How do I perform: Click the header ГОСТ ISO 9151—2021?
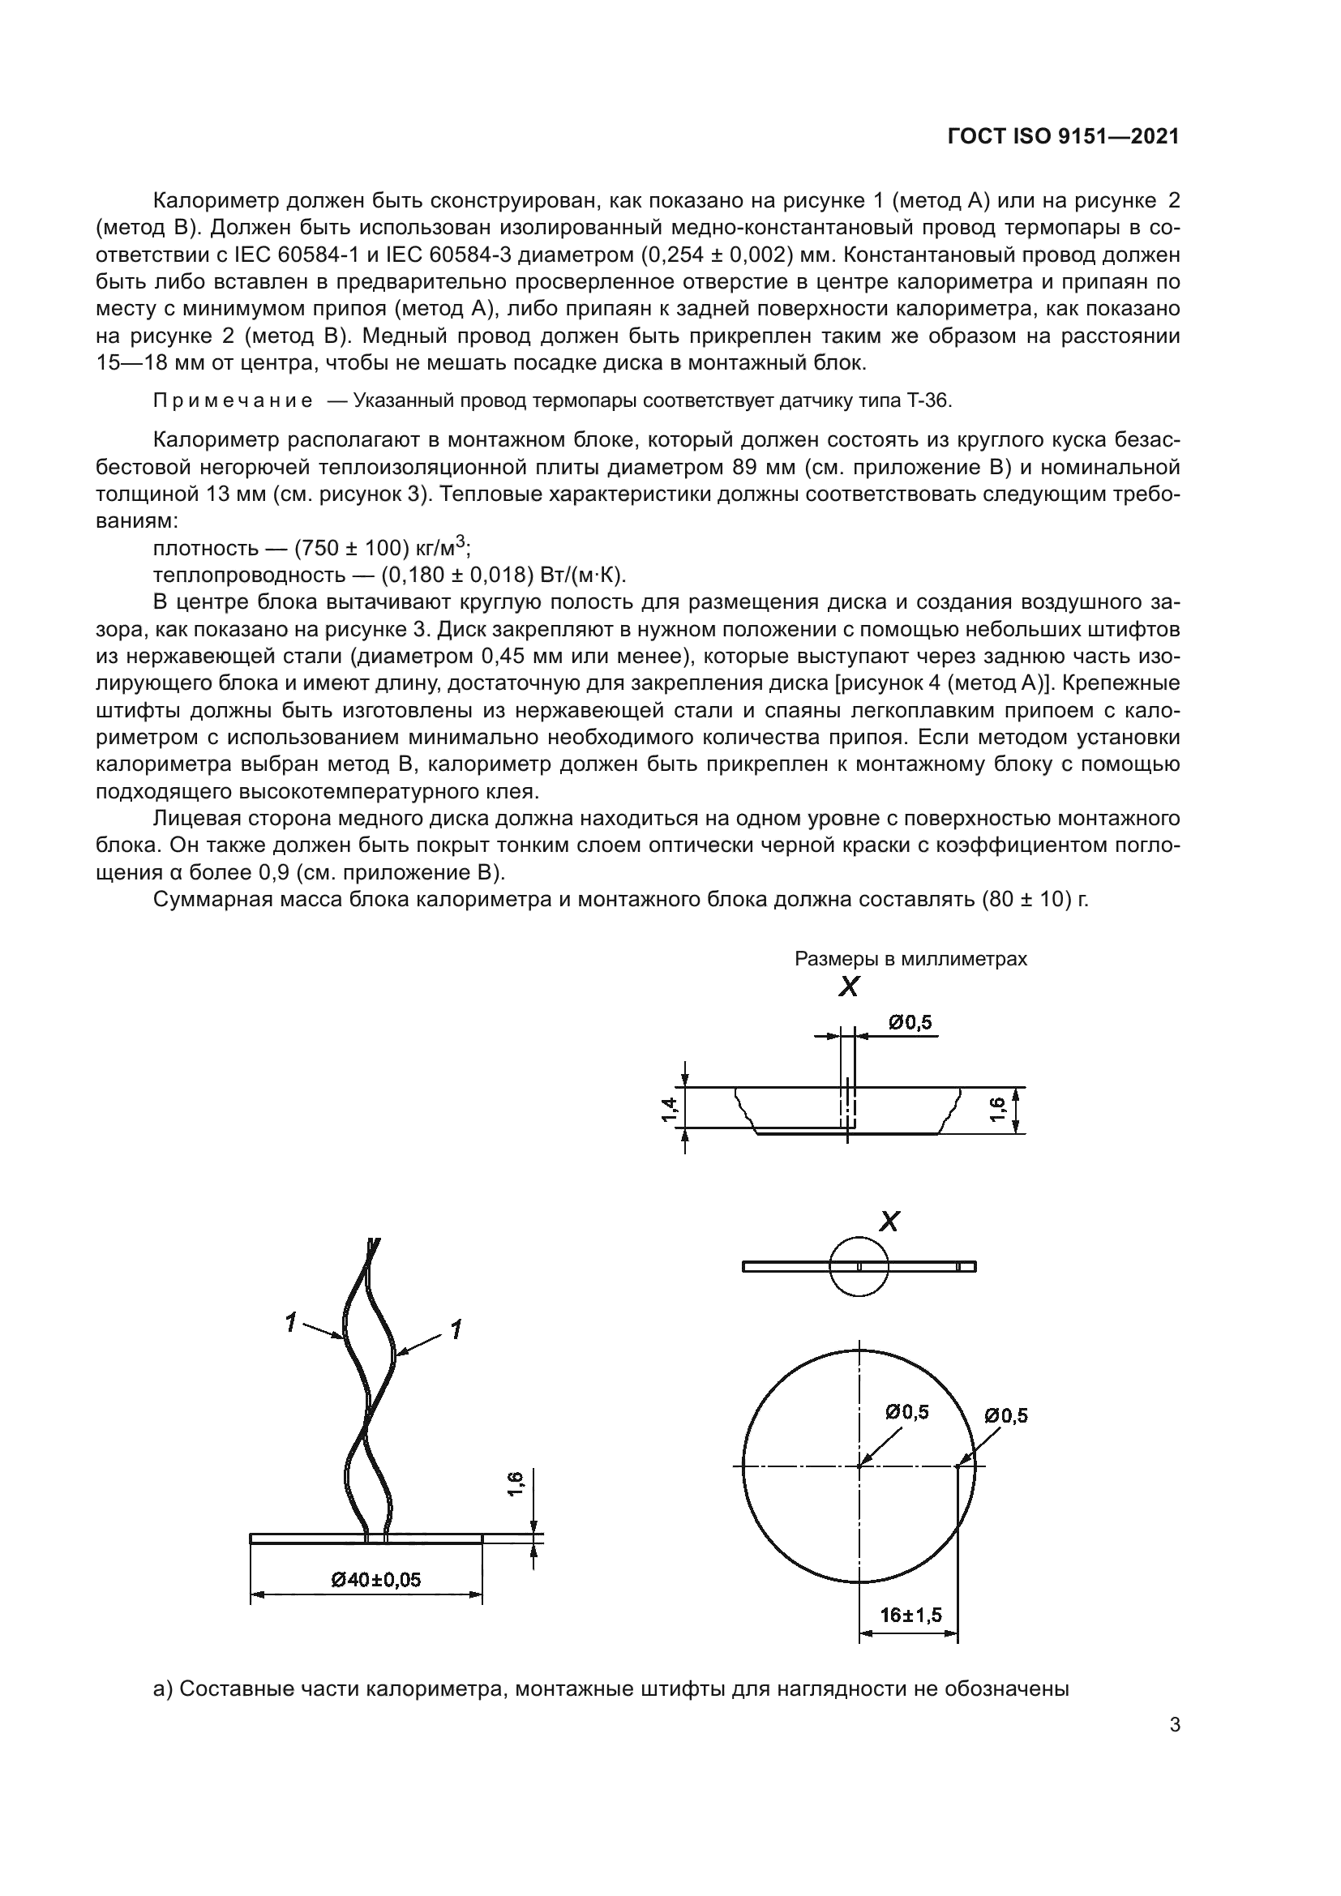pos(1063,137)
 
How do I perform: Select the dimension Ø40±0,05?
pos(376,1580)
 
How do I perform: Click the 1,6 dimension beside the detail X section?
pos(997,1109)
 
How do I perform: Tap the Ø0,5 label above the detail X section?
pos(910,1022)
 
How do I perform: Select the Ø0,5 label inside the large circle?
pos(906,1412)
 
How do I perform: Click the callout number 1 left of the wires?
pos(291,1322)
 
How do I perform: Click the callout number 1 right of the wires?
pos(455,1329)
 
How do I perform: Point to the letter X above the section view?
pos(849,987)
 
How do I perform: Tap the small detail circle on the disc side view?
pos(859,1266)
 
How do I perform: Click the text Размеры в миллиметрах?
pos(910,959)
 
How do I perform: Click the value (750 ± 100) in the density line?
pos(352,548)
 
